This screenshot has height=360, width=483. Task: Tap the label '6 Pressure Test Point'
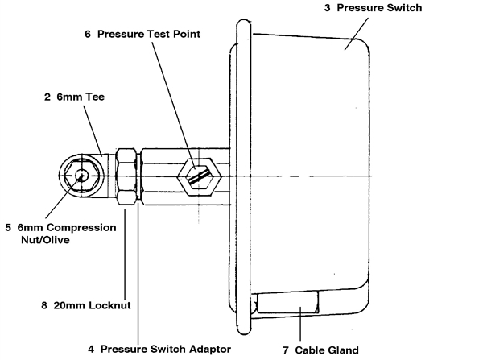(x=143, y=35)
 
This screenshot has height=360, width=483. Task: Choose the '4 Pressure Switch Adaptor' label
(x=160, y=348)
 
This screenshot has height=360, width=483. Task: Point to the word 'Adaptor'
(x=208, y=348)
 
